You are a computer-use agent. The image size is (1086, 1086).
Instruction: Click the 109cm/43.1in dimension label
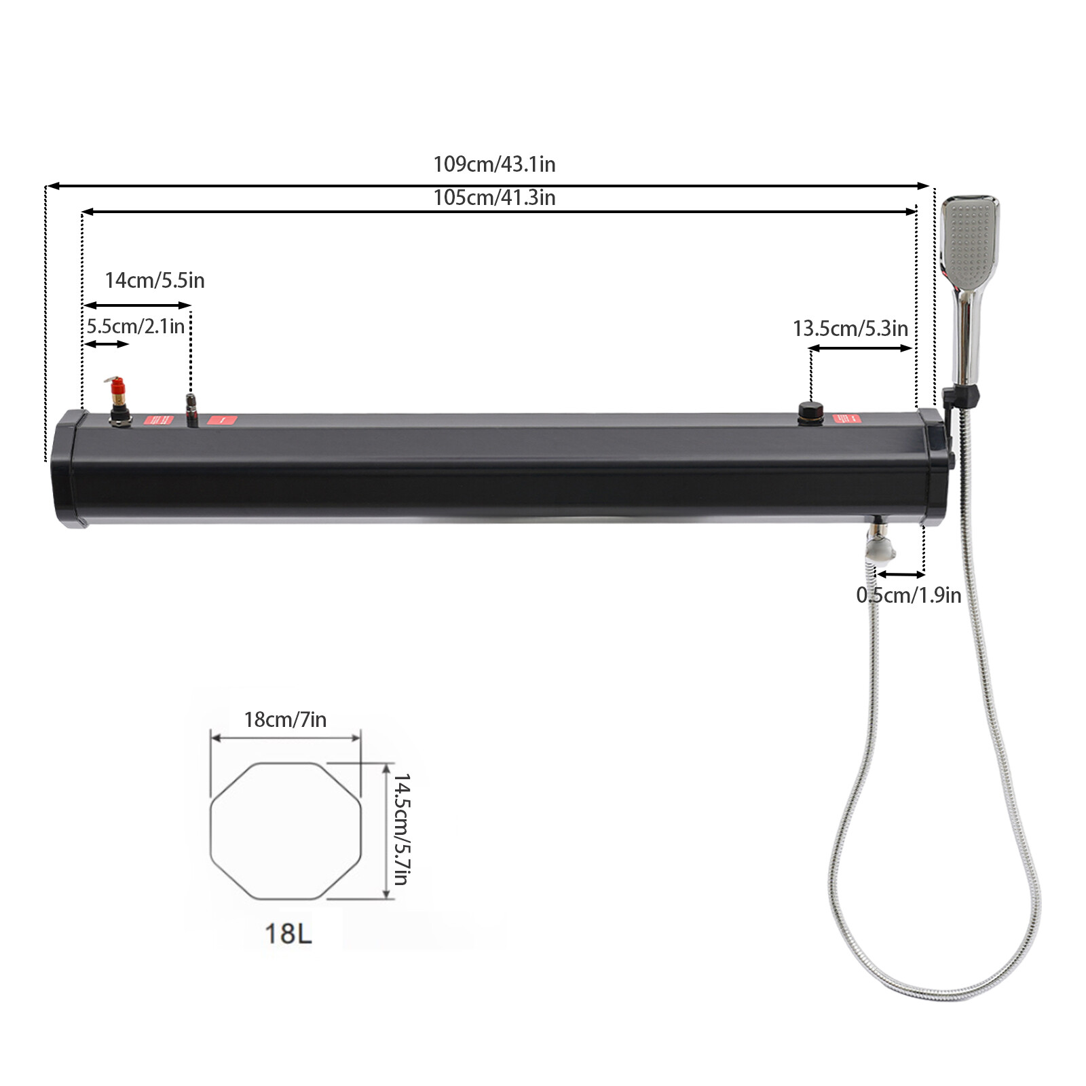(494, 164)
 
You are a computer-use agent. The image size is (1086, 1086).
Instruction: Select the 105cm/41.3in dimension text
(494, 198)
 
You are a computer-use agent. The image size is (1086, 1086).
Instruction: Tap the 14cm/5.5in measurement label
(154, 280)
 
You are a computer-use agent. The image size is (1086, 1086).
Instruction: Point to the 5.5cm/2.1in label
(135, 326)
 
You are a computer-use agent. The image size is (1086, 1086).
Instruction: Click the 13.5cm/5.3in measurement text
(850, 329)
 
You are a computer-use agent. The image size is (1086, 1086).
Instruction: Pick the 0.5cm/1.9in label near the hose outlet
(908, 595)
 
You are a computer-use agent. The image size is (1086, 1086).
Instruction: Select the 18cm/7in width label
(285, 719)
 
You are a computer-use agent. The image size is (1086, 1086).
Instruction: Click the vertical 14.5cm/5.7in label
(402, 829)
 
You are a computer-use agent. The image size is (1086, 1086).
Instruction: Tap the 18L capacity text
(288, 933)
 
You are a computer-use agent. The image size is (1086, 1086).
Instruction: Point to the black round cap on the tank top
(810, 411)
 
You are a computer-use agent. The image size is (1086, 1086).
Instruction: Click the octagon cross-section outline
(285, 764)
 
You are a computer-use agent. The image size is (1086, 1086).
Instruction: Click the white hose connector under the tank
(880, 548)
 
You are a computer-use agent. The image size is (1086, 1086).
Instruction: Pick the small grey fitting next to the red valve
(191, 409)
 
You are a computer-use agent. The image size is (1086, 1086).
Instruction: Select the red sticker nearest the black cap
(846, 419)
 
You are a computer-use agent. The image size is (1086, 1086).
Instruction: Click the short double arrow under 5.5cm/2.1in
(106, 345)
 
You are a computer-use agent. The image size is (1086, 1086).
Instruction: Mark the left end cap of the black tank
(68, 468)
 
